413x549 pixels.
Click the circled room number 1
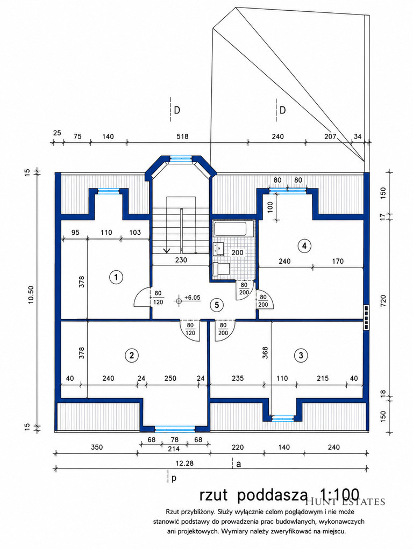(116, 278)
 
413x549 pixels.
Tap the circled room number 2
(131, 356)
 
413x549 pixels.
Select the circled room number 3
(301, 356)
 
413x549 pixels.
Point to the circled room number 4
(304, 246)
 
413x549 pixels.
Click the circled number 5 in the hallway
(217, 305)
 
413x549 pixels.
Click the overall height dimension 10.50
(31, 295)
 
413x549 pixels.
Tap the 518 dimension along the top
(182, 136)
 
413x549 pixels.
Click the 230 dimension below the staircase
(181, 260)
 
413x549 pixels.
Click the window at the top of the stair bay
(181, 158)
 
